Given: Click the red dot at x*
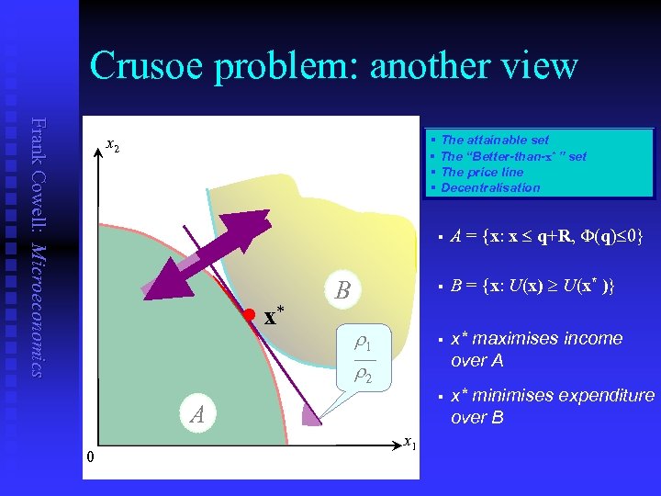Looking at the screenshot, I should [248, 314].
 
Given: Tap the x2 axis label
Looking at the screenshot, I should [111, 144].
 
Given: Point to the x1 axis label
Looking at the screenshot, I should [409, 442].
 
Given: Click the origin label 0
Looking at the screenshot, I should [90, 457].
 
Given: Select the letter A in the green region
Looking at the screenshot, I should [196, 415].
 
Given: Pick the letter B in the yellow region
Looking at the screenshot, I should [342, 291].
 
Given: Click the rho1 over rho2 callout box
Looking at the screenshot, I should [364, 358].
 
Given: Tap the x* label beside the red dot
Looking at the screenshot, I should [274, 318].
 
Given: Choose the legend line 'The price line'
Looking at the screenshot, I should [481, 172].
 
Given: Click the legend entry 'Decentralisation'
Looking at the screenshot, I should [490, 187].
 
